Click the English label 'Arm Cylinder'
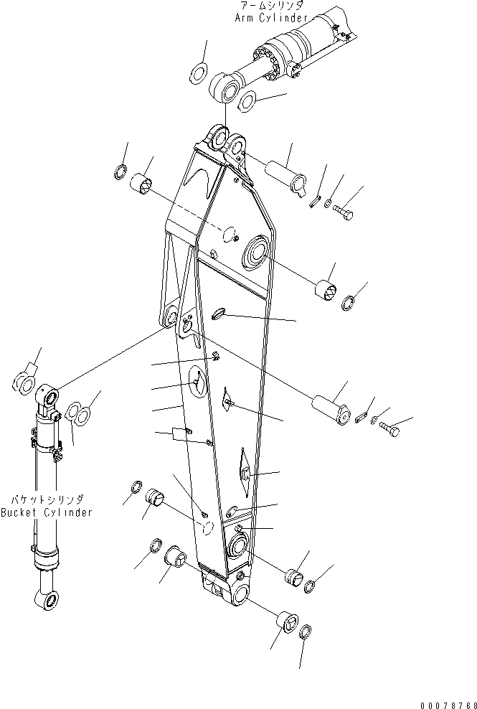[x=272, y=17]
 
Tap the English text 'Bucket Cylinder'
[x=47, y=512]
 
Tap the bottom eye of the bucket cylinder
[x=44, y=597]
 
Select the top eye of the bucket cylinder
[x=49, y=395]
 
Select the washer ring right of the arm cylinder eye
[x=249, y=101]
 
